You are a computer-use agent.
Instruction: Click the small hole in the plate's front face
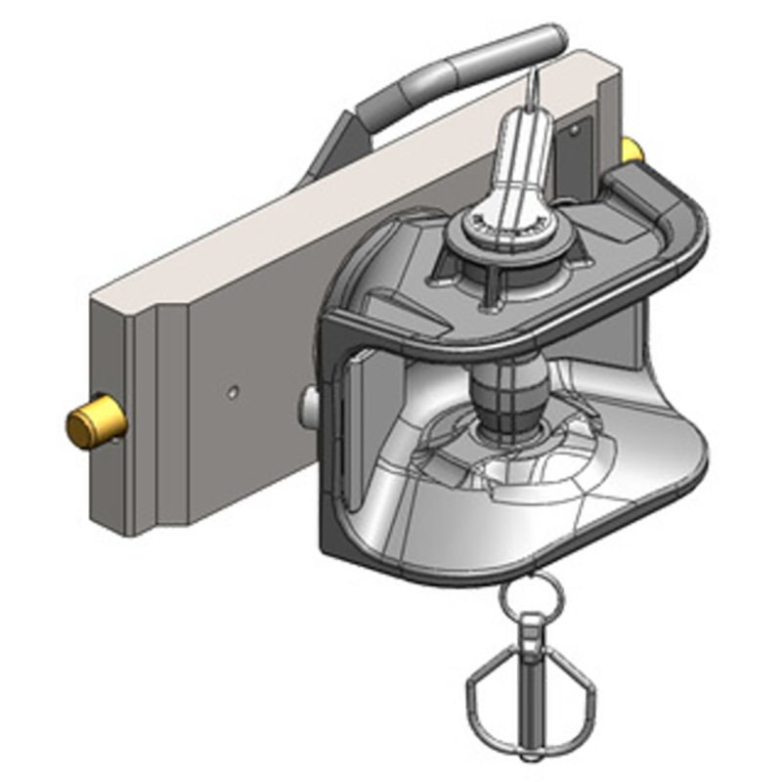233,390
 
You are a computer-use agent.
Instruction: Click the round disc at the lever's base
508,231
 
